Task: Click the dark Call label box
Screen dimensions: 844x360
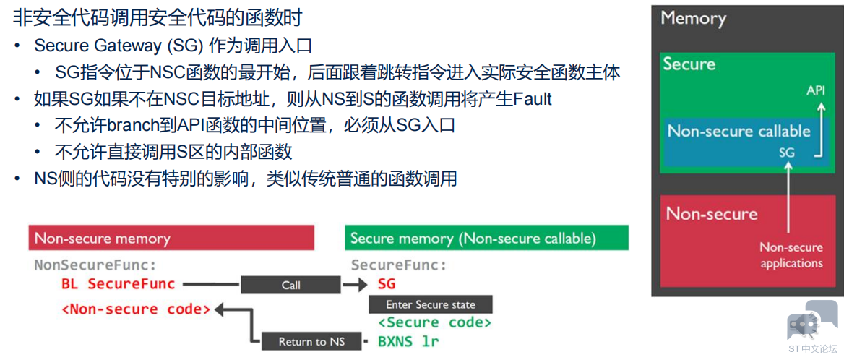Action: click(x=290, y=285)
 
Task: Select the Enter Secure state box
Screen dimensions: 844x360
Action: click(x=431, y=304)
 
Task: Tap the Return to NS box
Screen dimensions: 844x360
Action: click(x=311, y=342)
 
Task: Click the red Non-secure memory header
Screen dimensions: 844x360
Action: click(x=171, y=238)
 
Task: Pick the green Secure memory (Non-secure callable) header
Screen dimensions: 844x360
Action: click(x=486, y=238)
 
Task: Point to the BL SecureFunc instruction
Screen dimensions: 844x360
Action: click(x=119, y=284)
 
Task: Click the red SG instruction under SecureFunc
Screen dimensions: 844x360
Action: click(x=387, y=284)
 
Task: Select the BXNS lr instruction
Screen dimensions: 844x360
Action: click(x=408, y=341)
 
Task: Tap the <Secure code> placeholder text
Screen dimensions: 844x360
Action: click(x=434, y=322)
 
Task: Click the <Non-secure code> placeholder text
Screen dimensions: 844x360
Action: click(x=136, y=309)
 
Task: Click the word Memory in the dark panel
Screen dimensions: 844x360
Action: click(x=693, y=19)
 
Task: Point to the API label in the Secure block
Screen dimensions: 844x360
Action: click(x=816, y=90)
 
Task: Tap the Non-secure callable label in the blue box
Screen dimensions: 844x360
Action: click(x=738, y=132)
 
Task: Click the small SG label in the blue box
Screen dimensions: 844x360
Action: click(x=786, y=153)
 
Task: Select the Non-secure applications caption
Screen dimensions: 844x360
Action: click(x=791, y=255)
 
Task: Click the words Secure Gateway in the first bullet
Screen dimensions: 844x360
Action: click(x=98, y=46)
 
